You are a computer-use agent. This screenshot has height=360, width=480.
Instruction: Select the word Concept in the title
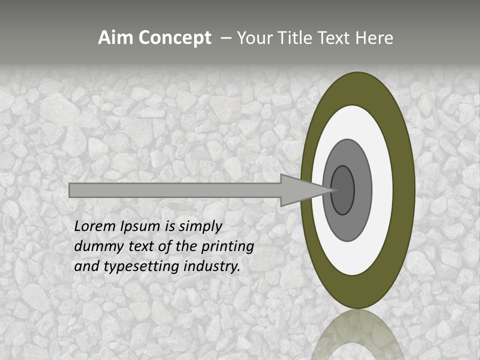pos(174,38)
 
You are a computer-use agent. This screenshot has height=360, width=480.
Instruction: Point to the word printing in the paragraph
pos(227,246)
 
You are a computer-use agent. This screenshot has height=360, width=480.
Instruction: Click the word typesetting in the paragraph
pos(142,266)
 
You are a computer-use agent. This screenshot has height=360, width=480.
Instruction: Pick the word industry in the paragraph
pos(211,266)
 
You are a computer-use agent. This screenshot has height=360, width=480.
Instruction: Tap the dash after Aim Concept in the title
pos(225,38)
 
